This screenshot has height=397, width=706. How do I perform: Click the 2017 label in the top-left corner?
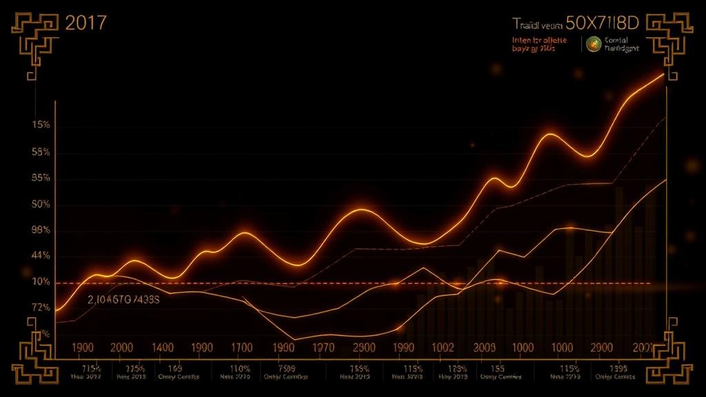(x=85, y=23)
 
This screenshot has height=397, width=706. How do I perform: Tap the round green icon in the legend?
(x=592, y=44)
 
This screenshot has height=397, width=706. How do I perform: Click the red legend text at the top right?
(x=540, y=45)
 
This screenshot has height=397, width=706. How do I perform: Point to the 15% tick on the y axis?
(x=41, y=125)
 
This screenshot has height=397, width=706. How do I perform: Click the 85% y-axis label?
(x=41, y=178)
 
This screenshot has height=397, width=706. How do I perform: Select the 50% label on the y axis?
(x=41, y=205)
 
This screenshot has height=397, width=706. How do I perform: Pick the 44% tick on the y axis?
(x=41, y=256)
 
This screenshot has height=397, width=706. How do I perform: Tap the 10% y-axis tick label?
(x=41, y=282)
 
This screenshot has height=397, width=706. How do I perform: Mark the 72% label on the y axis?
(x=41, y=307)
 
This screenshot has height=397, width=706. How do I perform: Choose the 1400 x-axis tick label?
(x=162, y=348)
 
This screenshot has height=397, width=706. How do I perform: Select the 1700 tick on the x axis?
(x=241, y=348)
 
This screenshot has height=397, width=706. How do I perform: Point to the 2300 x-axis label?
(x=363, y=348)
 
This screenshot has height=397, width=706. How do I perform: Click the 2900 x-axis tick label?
(x=601, y=348)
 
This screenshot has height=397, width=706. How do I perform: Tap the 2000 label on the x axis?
(x=122, y=348)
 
